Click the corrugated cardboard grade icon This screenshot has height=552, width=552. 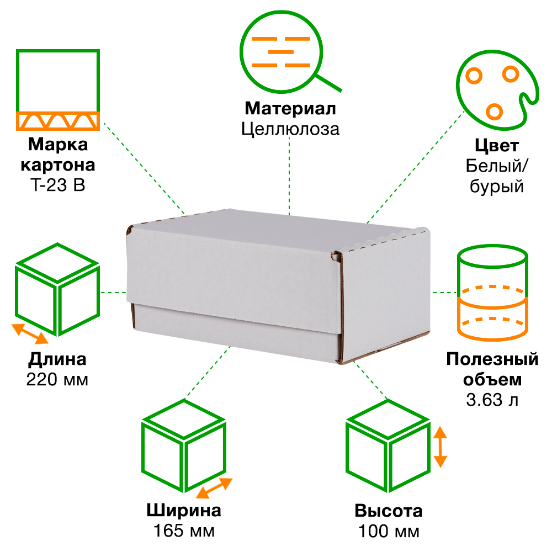click(57, 89)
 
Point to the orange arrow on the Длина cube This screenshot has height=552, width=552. click(30, 333)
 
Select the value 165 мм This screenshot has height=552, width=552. click(184, 531)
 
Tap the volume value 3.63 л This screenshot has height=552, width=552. click(492, 400)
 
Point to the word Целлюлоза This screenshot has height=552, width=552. click(290, 129)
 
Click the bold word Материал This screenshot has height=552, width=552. click(290, 108)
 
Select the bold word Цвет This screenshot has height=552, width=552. click(496, 146)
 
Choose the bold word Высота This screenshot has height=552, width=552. click(389, 511)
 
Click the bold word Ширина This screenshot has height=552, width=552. click(184, 510)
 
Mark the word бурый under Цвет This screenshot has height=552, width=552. click(496, 187)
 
